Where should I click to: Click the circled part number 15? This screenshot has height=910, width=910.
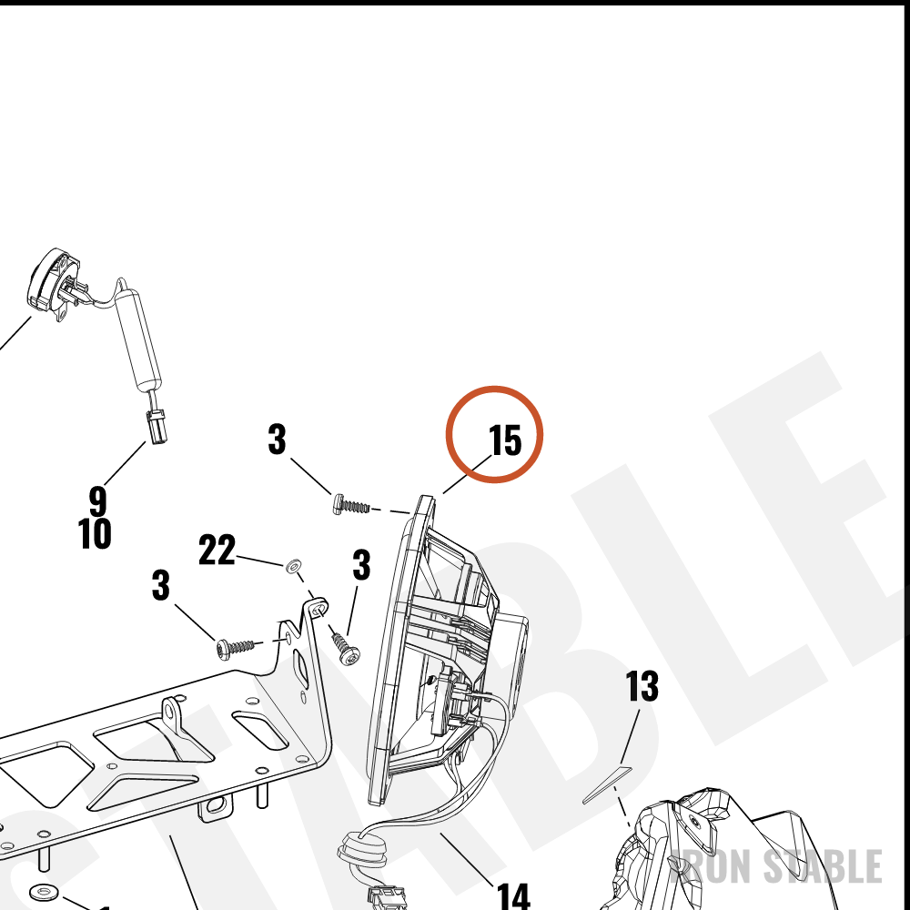point(505,440)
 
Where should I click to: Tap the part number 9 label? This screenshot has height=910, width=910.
point(98,500)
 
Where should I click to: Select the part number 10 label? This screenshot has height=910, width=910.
point(95,533)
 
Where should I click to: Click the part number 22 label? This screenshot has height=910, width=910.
point(217,550)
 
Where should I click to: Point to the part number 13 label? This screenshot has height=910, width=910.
point(642,686)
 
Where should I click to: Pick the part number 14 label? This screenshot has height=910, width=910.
point(513,896)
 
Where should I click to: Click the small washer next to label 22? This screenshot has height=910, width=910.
point(294,565)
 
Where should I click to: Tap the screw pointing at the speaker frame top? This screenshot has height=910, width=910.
point(351,504)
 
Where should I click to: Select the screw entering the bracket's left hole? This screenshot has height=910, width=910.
point(235,648)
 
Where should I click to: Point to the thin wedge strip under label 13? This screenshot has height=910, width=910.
point(606,784)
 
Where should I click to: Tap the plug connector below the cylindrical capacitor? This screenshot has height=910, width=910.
point(157,426)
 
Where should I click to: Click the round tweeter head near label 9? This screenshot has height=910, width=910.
point(52,284)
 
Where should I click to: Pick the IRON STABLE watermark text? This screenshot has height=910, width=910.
point(775,866)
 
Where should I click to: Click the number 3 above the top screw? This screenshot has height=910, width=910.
point(277,439)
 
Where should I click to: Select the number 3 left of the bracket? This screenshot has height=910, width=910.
point(161,584)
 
